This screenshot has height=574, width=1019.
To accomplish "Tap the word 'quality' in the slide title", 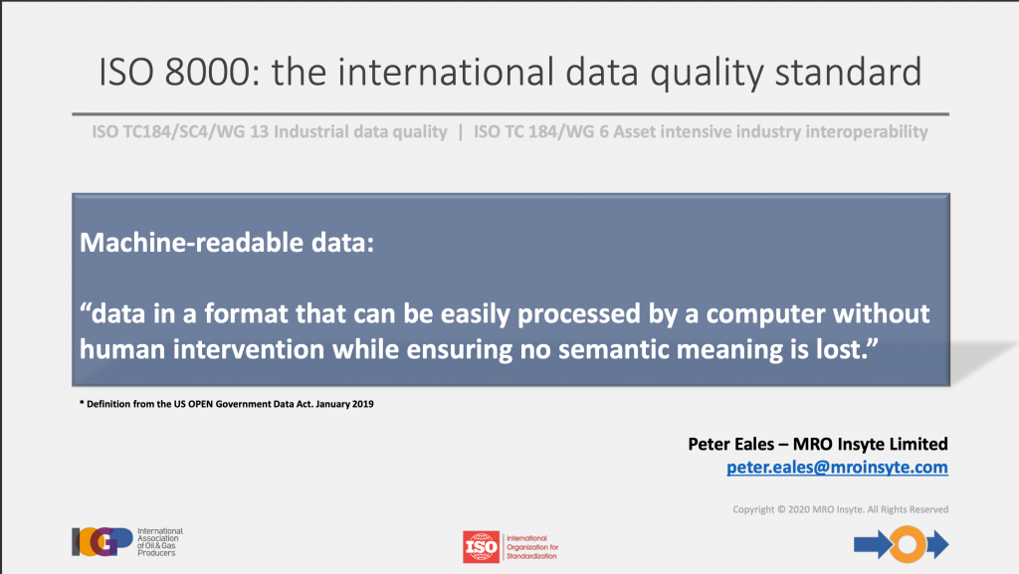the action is point(707,73).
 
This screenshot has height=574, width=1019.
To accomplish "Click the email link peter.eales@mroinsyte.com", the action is point(837,468).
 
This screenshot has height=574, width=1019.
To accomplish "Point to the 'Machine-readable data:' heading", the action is point(227,242).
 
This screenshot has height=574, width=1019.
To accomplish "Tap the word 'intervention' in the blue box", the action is point(248,349).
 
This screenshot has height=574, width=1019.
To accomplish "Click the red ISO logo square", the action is point(481,547).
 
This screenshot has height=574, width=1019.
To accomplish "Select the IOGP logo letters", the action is point(102,541).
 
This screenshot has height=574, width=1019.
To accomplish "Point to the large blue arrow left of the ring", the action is point(873,544).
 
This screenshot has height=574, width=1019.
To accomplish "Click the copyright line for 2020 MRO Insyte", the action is point(840,509).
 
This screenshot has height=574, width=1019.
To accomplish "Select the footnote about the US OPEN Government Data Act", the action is point(226,404).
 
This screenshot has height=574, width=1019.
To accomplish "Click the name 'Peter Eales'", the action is point(731,444).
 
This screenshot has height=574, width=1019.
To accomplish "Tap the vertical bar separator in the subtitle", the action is point(460,132).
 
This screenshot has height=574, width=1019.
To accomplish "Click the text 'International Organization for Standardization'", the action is point(532,547).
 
